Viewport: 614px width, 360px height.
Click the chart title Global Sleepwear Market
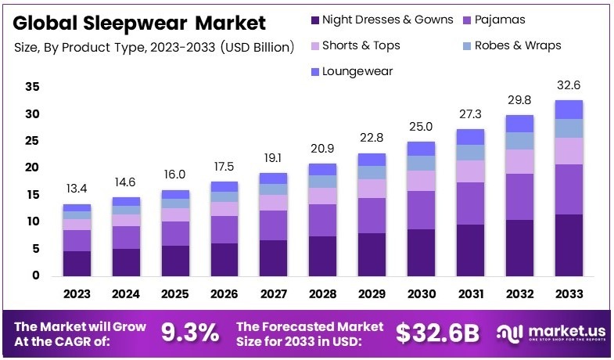coord(139,23)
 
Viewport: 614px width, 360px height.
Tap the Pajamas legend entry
coord(497,20)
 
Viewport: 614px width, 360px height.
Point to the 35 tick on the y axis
coord(32,88)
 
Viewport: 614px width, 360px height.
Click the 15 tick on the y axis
coord(32,195)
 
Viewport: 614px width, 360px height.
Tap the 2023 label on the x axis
coord(77,294)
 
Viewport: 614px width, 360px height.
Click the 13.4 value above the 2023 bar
coord(77,189)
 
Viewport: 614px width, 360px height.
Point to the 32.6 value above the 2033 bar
coord(569,85)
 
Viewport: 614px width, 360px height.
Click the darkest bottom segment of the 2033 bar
coord(569,245)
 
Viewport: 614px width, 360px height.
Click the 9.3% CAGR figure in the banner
coord(189,332)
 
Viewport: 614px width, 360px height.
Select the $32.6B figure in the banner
coord(436,332)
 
